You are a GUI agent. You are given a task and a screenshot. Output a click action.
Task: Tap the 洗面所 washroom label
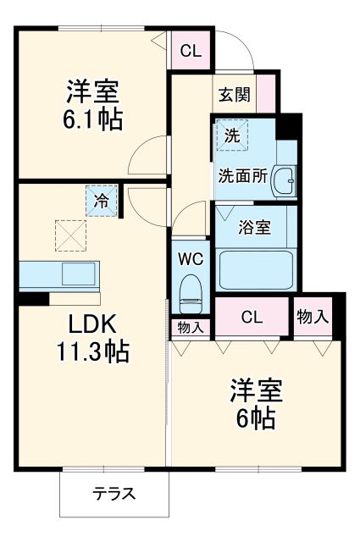[x=242, y=177]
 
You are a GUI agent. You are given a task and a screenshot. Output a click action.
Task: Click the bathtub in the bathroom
[x=254, y=270]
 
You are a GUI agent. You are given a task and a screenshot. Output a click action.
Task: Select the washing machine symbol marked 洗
[x=230, y=135]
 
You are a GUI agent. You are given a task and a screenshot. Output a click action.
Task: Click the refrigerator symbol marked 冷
[x=101, y=202]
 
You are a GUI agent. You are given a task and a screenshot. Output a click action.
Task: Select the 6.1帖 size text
[x=91, y=118]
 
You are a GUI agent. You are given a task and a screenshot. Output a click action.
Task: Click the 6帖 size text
[x=254, y=418]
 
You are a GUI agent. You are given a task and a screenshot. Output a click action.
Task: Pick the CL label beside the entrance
[x=191, y=51]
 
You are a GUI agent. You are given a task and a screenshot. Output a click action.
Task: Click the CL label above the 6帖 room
[x=252, y=318]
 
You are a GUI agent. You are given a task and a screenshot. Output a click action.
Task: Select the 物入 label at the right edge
[x=314, y=318]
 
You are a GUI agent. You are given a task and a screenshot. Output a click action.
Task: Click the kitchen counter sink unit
[x=58, y=276]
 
